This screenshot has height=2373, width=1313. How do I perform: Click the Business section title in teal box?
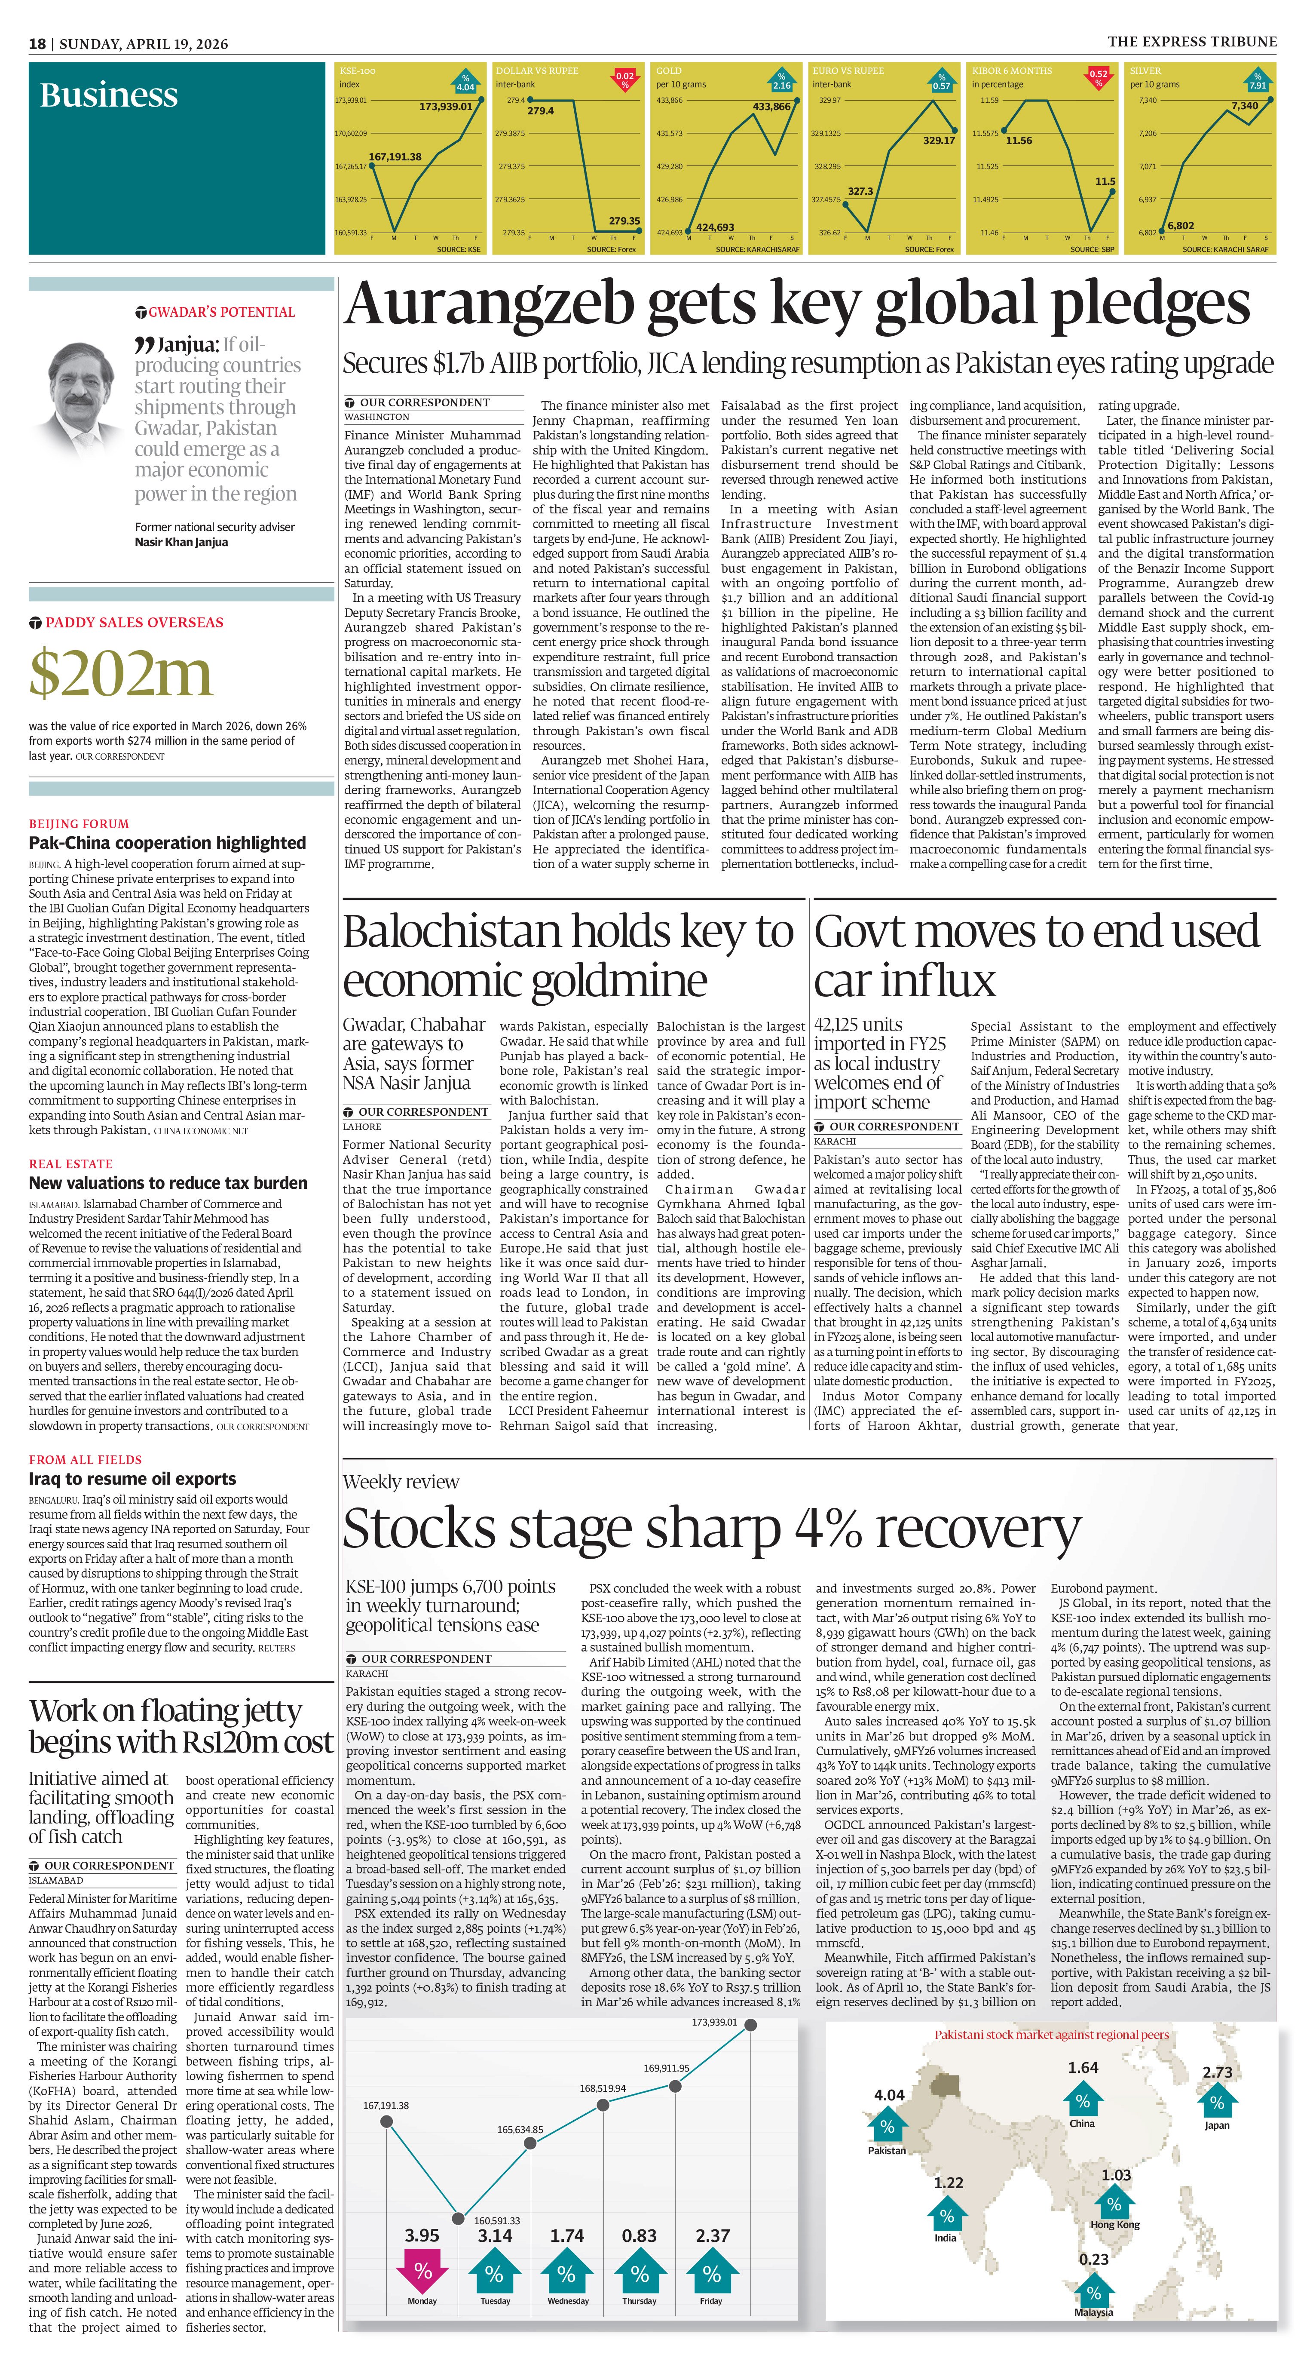[109, 96]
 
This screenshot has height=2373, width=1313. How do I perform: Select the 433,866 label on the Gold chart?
[771, 107]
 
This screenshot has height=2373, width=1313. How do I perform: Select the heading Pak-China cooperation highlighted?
[167, 843]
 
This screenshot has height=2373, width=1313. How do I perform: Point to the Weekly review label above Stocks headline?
[401, 1482]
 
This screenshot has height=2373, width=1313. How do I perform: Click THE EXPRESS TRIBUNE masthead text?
[1191, 41]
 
